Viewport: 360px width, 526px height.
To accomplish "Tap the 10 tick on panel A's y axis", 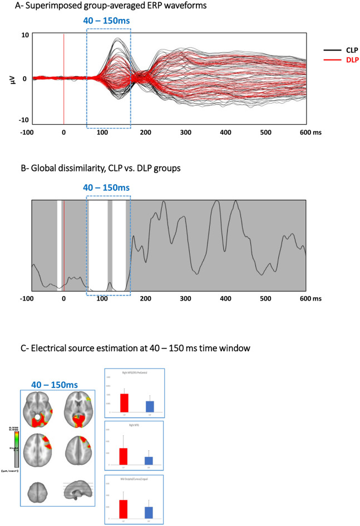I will click(25, 35).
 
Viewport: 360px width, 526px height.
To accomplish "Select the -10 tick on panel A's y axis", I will click(23, 121).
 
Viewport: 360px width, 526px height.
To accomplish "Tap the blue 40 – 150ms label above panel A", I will click(109, 21).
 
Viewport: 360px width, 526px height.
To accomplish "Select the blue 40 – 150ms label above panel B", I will click(109, 188).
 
